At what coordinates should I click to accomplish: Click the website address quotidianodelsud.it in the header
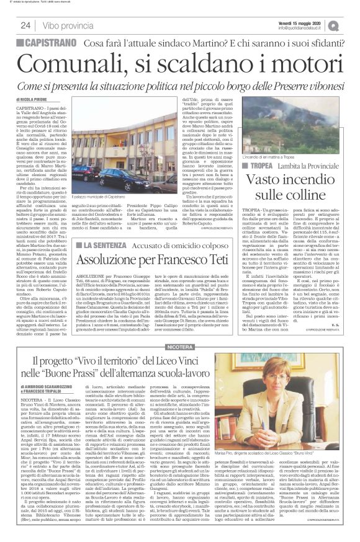300,28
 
